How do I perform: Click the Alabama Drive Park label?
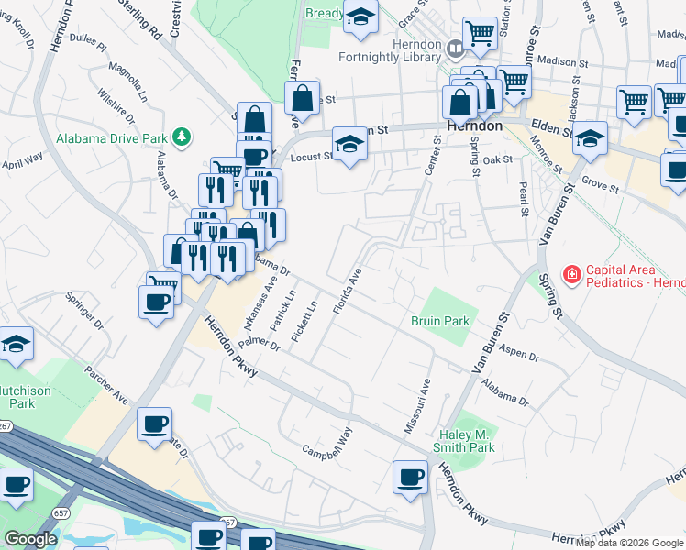[x=112, y=137]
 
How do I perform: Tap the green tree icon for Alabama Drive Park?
[x=182, y=137]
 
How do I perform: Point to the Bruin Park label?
[x=440, y=321]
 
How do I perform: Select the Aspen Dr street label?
[x=520, y=354]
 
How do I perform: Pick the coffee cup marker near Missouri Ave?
[x=410, y=477]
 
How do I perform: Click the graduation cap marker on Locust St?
[x=348, y=144]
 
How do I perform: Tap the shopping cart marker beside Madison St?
[x=514, y=82]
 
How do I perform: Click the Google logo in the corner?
[x=30, y=539]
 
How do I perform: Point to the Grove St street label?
[x=602, y=188]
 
